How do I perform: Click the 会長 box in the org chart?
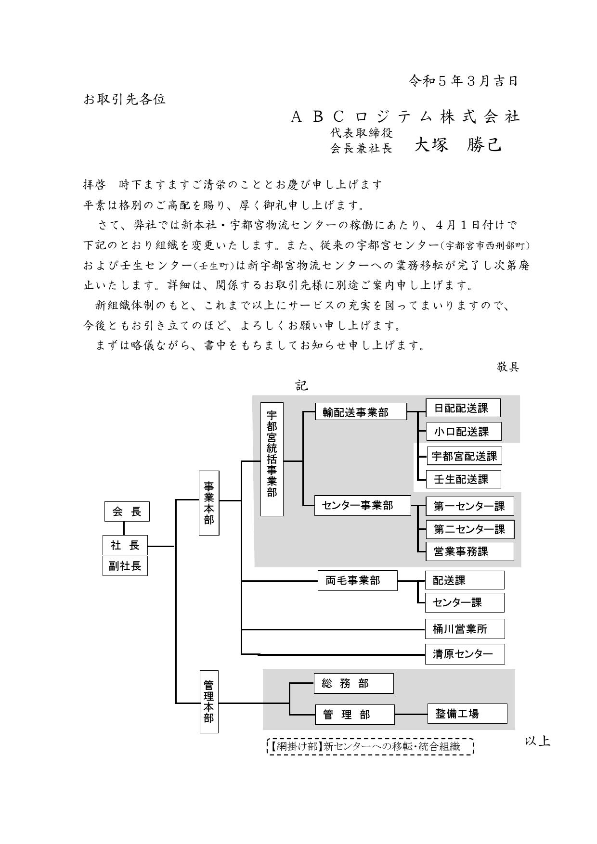click(127, 512)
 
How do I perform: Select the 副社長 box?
click(125, 566)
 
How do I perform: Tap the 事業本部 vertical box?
click(209, 503)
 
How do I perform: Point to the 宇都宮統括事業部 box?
click(272, 459)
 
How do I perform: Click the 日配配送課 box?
click(463, 408)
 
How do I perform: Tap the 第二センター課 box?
click(470, 529)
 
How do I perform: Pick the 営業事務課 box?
click(470, 551)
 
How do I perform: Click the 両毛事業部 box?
click(358, 580)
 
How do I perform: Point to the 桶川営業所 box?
click(465, 629)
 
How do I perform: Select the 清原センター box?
click(465, 654)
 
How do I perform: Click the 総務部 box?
click(353, 683)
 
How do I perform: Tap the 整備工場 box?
click(467, 714)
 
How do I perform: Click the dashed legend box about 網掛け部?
click(370, 746)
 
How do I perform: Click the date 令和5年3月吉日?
click(464, 81)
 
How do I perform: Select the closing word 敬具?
click(507, 367)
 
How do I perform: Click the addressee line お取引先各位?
click(125, 99)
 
